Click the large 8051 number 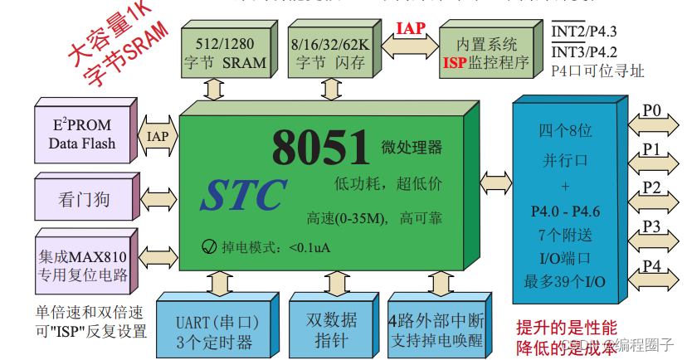point(320,148)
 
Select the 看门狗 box point(82,199)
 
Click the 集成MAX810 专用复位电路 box point(82,261)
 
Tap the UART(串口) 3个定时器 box point(218,330)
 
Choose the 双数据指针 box point(329,330)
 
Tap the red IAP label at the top point(411,29)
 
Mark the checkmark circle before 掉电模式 point(209,247)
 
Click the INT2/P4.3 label point(585,32)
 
